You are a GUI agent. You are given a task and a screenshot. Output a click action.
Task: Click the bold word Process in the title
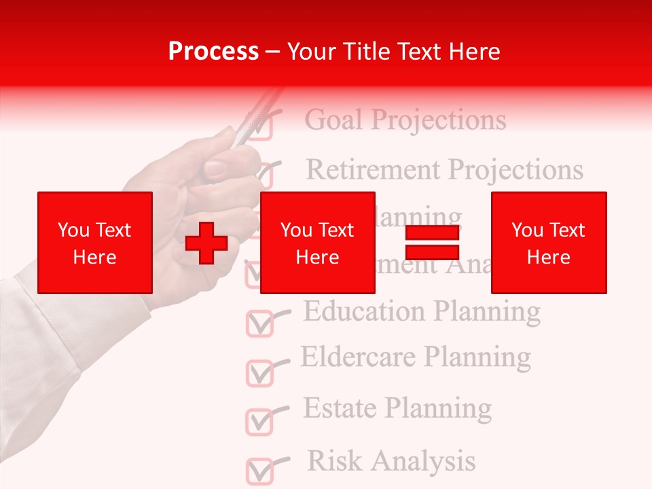213,52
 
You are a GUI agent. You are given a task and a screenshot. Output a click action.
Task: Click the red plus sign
206,243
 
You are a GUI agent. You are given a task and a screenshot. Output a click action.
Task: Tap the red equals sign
432,242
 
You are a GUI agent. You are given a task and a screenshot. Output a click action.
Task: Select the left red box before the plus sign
95,242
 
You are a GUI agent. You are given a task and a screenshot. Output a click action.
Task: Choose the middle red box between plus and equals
318,242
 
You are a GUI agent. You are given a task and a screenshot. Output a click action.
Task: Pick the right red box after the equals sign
549,242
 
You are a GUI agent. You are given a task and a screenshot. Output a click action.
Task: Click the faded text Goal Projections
405,120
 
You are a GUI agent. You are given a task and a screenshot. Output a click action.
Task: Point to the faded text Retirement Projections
445,169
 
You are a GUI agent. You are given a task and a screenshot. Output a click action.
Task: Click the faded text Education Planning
421,311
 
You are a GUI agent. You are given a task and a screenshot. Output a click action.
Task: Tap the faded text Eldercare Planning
416,356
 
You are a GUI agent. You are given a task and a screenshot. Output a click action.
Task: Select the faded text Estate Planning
397,408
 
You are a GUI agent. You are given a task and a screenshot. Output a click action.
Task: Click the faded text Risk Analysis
391,460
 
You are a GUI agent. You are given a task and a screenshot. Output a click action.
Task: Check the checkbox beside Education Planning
259,324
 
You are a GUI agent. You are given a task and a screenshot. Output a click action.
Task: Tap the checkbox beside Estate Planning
259,422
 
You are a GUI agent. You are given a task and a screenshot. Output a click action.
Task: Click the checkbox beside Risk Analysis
259,471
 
